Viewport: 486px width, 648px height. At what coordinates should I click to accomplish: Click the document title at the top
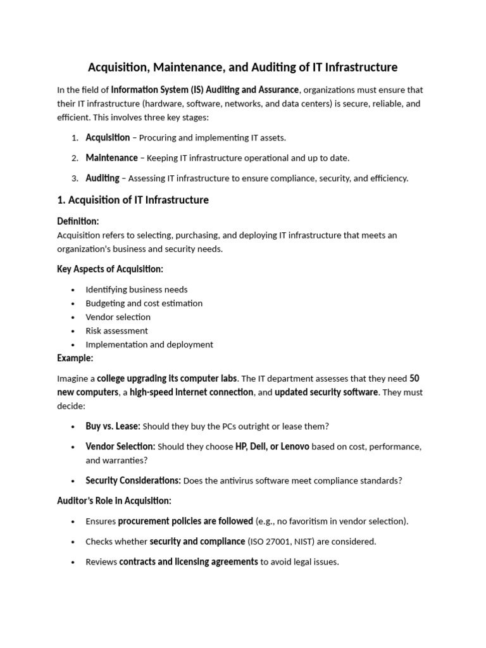pyautogui.click(x=242, y=66)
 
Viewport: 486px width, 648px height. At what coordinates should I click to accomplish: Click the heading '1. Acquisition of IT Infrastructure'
pyautogui.click(x=132, y=200)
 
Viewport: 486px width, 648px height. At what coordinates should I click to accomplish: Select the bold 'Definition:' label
pyautogui.click(x=78, y=221)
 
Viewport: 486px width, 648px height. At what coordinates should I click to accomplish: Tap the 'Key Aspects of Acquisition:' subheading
pyautogui.click(x=110, y=269)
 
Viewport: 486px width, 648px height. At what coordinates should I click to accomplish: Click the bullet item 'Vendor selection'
pyautogui.click(x=118, y=317)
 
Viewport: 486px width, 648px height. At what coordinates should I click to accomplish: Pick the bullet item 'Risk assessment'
pyautogui.click(x=116, y=331)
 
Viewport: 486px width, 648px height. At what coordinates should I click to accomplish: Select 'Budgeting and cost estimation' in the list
pyautogui.click(x=144, y=303)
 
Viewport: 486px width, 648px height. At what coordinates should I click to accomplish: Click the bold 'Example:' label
pyautogui.click(x=75, y=358)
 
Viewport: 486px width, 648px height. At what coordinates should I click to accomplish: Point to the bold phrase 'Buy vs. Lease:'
pyautogui.click(x=113, y=426)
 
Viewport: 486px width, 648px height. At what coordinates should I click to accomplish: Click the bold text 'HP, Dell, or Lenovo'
pyautogui.click(x=272, y=446)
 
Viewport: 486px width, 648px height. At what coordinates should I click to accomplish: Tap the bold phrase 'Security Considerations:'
pyautogui.click(x=133, y=480)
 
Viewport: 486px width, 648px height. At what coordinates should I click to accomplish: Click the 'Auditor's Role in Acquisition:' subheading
pyautogui.click(x=114, y=501)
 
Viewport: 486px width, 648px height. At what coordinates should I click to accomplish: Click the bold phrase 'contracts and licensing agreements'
pyautogui.click(x=188, y=561)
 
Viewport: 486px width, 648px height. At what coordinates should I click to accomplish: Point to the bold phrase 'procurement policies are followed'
pyautogui.click(x=185, y=521)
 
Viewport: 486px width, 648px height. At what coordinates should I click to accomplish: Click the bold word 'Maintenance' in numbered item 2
pyautogui.click(x=111, y=158)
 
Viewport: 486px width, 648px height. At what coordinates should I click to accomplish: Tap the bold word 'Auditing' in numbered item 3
pyautogui.click(x=102, y=178)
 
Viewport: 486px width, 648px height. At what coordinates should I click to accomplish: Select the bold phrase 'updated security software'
pyautogui.click(x=326, y=392)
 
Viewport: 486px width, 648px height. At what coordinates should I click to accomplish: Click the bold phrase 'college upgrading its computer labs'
pyautogui.click(x=167, y=378)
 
